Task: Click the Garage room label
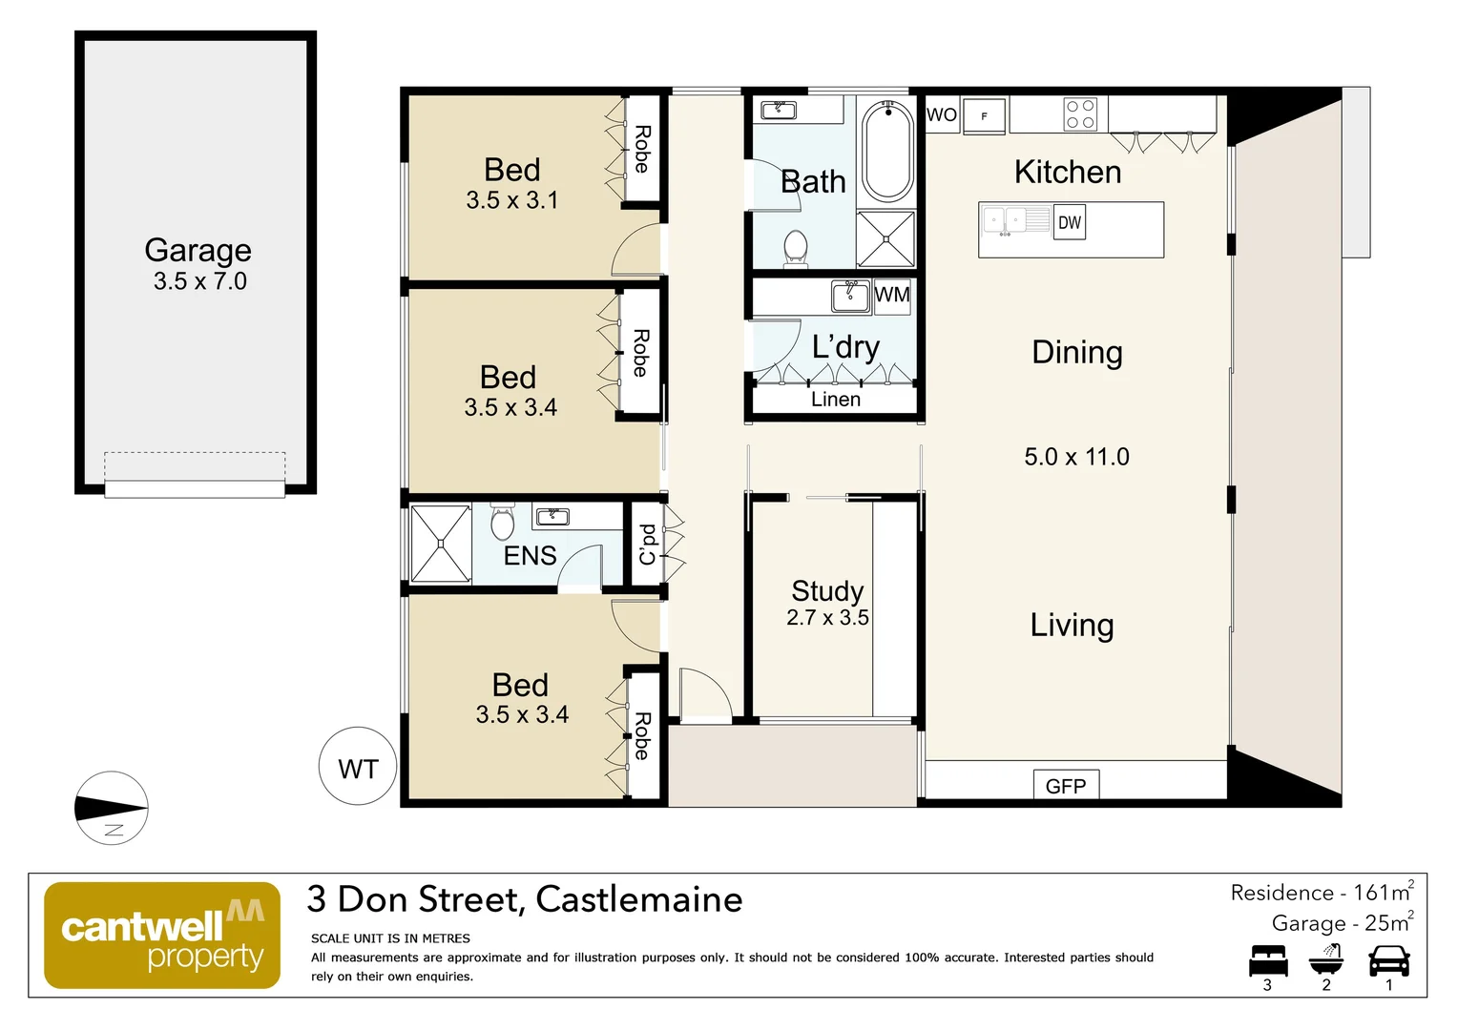(198, 250)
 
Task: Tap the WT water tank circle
(358, 768)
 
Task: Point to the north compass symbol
(112, 808)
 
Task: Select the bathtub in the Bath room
(888, 151)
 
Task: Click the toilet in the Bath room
(795, 247)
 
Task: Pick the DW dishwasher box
(1070, 222)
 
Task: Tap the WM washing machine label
(892, 295)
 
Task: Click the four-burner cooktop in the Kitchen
(1080, 114)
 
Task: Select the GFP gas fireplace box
(1066, 785)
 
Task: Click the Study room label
(827, 591)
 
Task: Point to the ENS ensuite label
(530, 555)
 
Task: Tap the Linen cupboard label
(836, 400)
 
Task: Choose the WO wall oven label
(942, 114)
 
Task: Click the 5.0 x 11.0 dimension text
(1076, 457)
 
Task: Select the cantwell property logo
(162, 935)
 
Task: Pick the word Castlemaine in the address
(638, 899)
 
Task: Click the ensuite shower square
(440, 544)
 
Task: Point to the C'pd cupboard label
(647, 544)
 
